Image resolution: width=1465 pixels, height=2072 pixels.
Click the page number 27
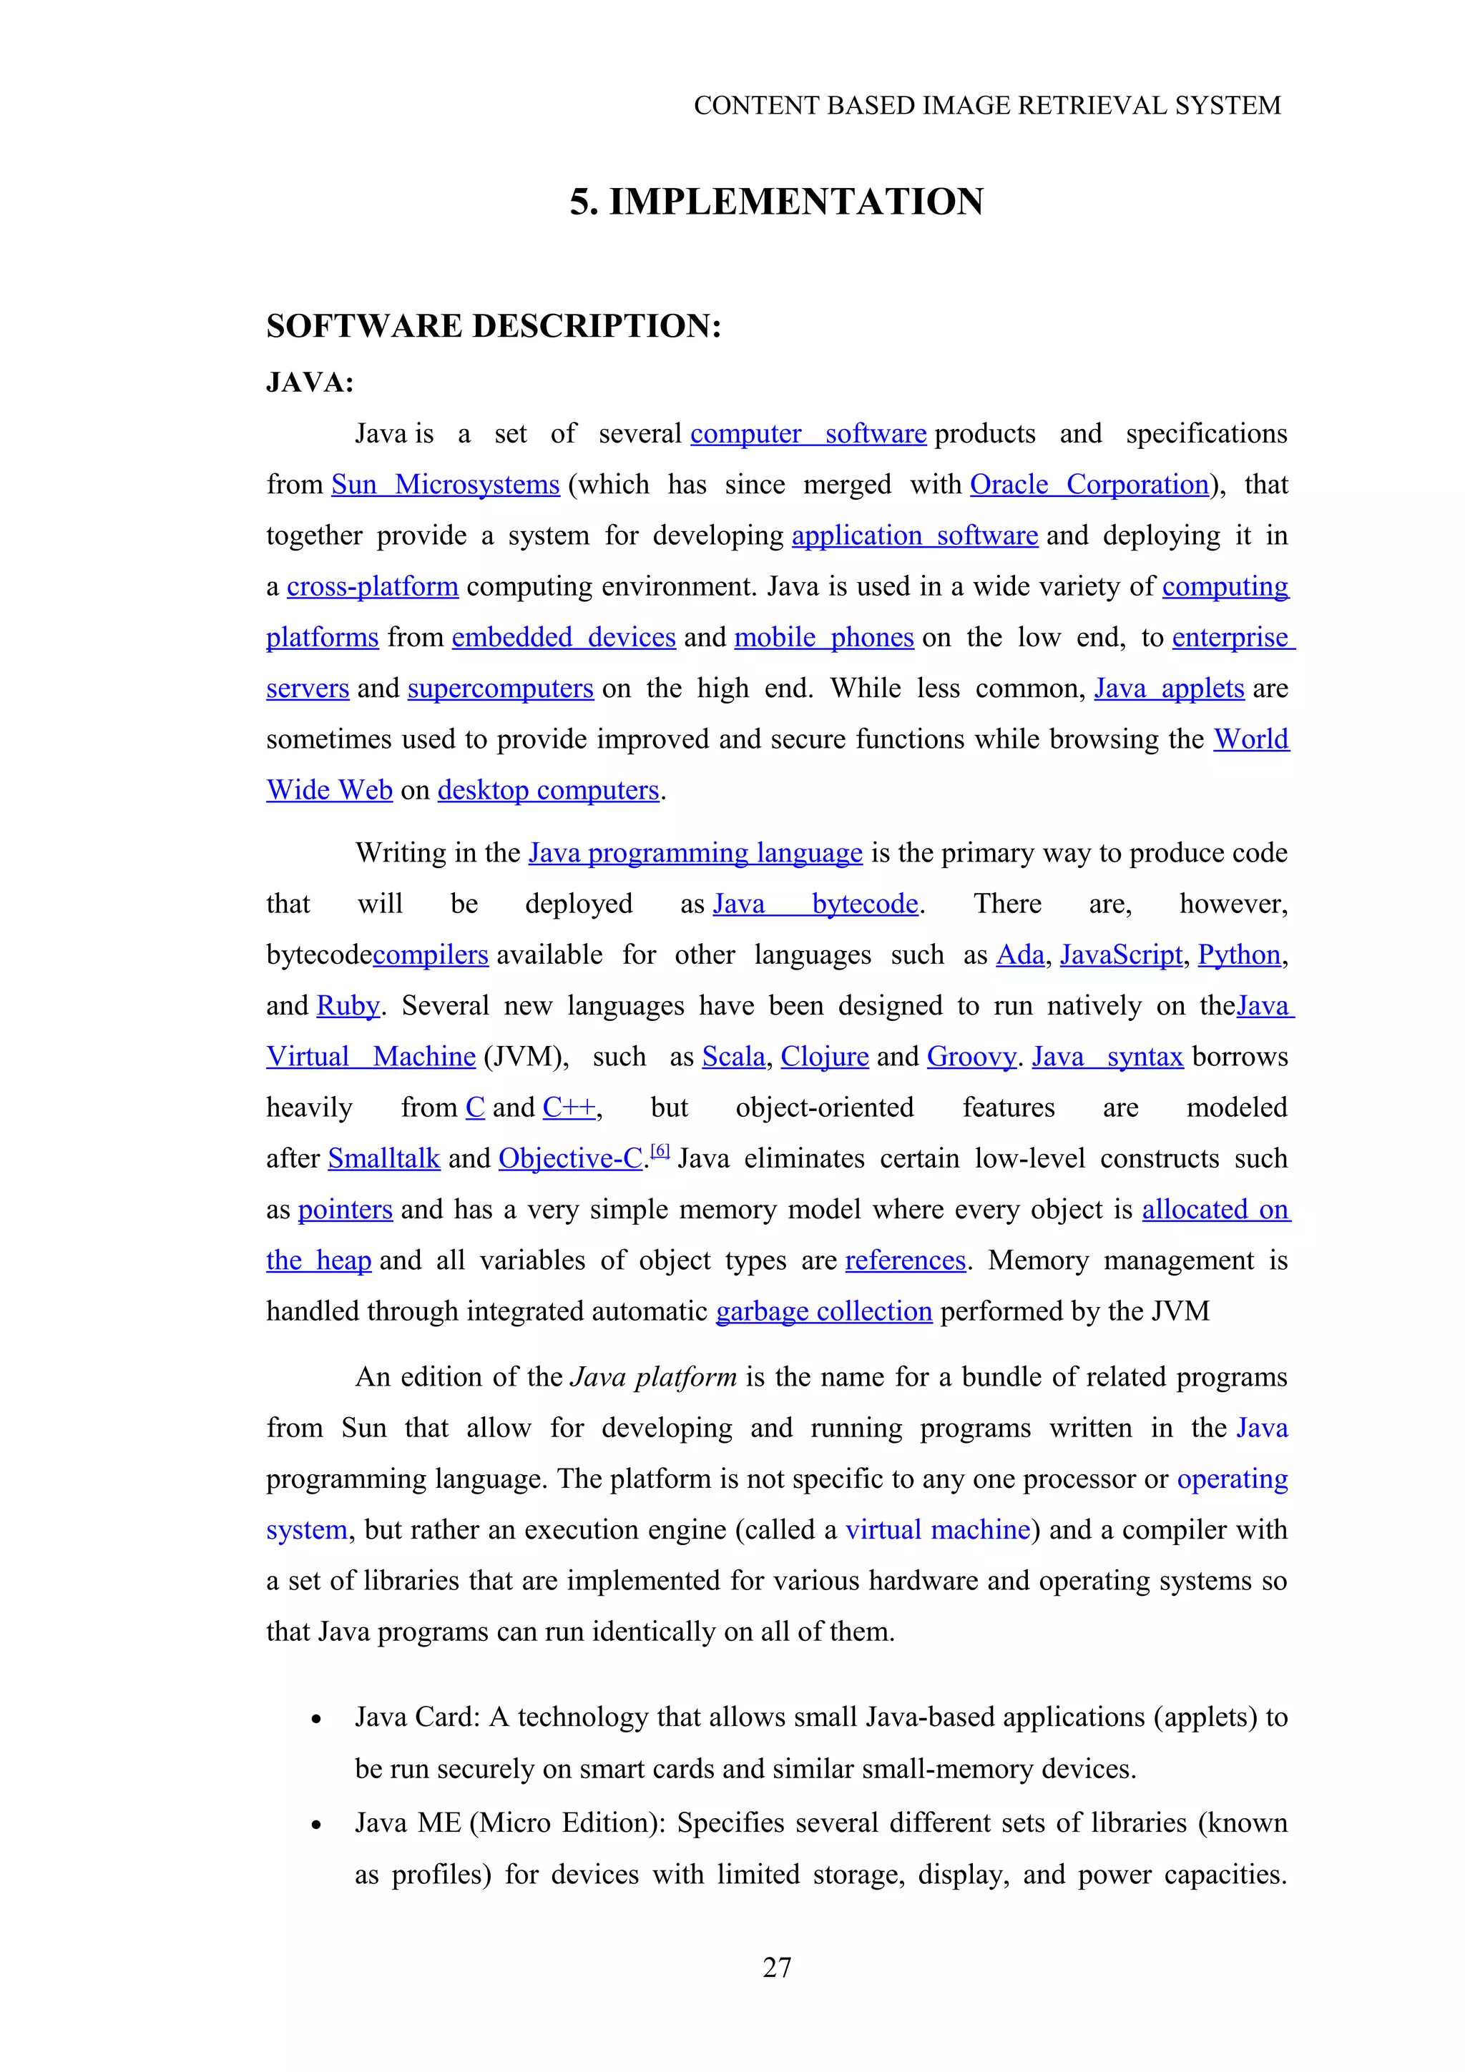pos(777,1968)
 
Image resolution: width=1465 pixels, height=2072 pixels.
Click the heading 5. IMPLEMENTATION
pos(776,201)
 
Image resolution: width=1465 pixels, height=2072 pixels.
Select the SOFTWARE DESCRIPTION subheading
pos(494,326)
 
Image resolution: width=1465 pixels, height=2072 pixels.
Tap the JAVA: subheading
pos(310,383)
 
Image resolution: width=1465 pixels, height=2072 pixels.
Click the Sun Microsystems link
pos(445,485)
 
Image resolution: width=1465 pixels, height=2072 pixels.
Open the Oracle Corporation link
pos(1089,485)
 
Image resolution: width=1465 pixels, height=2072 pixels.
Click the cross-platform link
pos(372,586)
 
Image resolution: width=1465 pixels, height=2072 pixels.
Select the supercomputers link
pos(500,689)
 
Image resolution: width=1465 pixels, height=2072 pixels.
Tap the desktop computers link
pos(548,791)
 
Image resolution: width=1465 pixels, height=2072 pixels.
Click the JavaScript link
pos(1120,954)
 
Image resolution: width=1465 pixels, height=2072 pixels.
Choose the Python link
pos(1238,954)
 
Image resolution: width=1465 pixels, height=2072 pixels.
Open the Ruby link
pos(348,1006)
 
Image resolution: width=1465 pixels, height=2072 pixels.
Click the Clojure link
pos(824,1057)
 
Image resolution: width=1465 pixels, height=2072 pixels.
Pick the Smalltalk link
pos(383,1159)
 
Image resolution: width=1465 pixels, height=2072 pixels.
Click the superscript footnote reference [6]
pos(660,1150)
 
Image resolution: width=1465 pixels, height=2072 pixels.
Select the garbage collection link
pos(823,1311)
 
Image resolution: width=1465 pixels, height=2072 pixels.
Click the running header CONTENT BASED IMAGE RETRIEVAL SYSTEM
pos(986,106)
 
